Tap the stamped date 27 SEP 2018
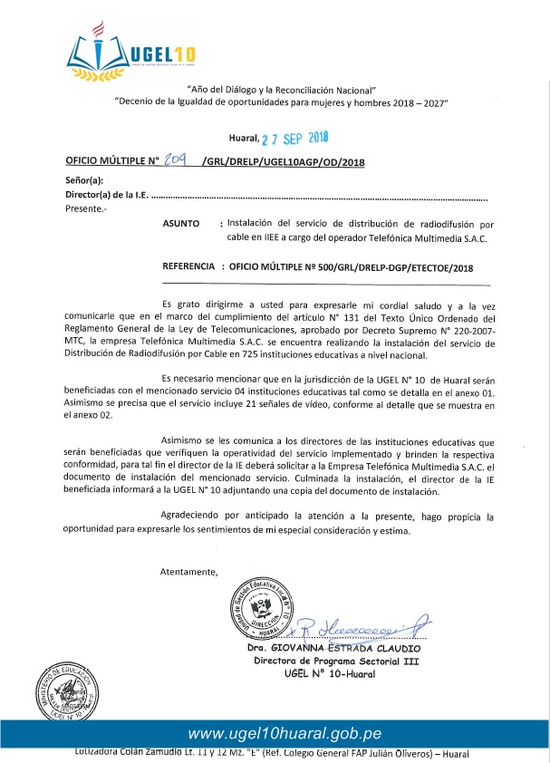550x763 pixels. pos(294,139)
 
